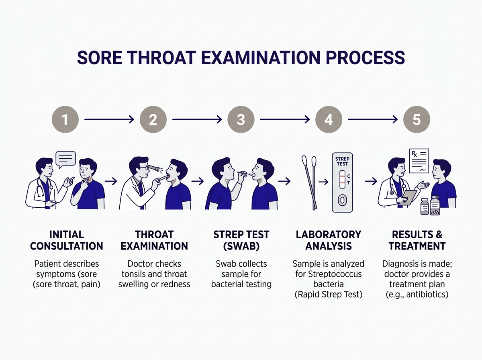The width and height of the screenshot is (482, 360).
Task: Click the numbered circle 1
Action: [x=65, y=119]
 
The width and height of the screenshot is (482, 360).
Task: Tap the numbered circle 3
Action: [x=241, y=119]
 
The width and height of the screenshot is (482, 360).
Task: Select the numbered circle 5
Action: [x=417, y=119]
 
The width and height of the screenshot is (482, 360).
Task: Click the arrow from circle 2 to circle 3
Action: [x=197, y=119]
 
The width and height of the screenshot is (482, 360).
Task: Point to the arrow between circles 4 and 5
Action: [x=373, y=119]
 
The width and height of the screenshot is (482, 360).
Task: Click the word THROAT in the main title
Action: [x=161, y=58]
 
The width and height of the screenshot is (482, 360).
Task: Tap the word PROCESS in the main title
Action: [x=365, y=58]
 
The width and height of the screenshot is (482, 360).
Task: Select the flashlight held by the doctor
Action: [x=154, y=168]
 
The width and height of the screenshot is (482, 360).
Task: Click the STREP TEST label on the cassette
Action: [x=342, y=162]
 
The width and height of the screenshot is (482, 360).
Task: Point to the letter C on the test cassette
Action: [x=349, y=176]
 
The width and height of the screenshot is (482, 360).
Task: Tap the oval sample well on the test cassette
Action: [x=342, y=200]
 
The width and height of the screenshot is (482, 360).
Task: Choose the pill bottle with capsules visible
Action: [x=435, y=205]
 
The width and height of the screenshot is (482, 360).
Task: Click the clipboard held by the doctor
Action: [x=408, y=198]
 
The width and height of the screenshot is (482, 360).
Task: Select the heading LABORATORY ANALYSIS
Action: [x=329, y=240]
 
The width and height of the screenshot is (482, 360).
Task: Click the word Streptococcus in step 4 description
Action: [x=335, y=274]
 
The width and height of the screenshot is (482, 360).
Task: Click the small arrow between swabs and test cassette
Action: [x=323, y=182]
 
